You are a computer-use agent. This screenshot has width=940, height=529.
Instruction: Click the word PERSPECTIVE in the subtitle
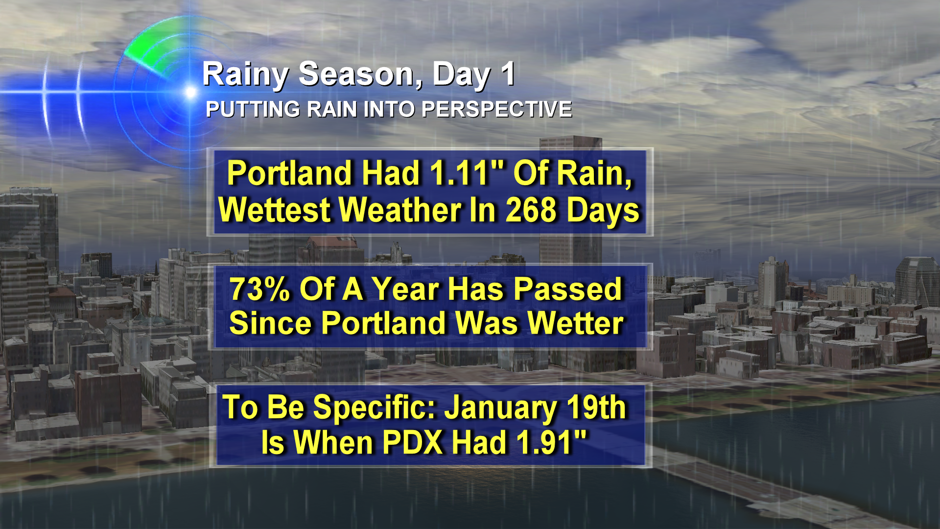(496, 109)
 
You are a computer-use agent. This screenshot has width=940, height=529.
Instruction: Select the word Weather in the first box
(400, 210)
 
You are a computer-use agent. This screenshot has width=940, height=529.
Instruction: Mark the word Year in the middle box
(405, 289)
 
